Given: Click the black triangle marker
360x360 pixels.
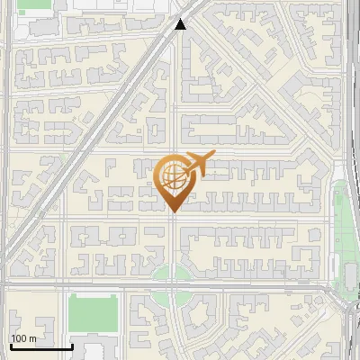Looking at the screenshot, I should click(180, 24).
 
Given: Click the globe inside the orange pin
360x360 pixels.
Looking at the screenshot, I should click(172, 175).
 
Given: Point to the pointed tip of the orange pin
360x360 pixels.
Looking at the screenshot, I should click(173, 211).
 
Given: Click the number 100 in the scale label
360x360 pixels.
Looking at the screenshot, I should click(19, 338).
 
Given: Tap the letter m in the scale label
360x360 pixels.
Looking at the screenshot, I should click(33, 338).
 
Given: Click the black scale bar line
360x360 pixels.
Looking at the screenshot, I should click(40, 346).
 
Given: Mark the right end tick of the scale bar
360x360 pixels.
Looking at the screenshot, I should click(72, 345).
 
